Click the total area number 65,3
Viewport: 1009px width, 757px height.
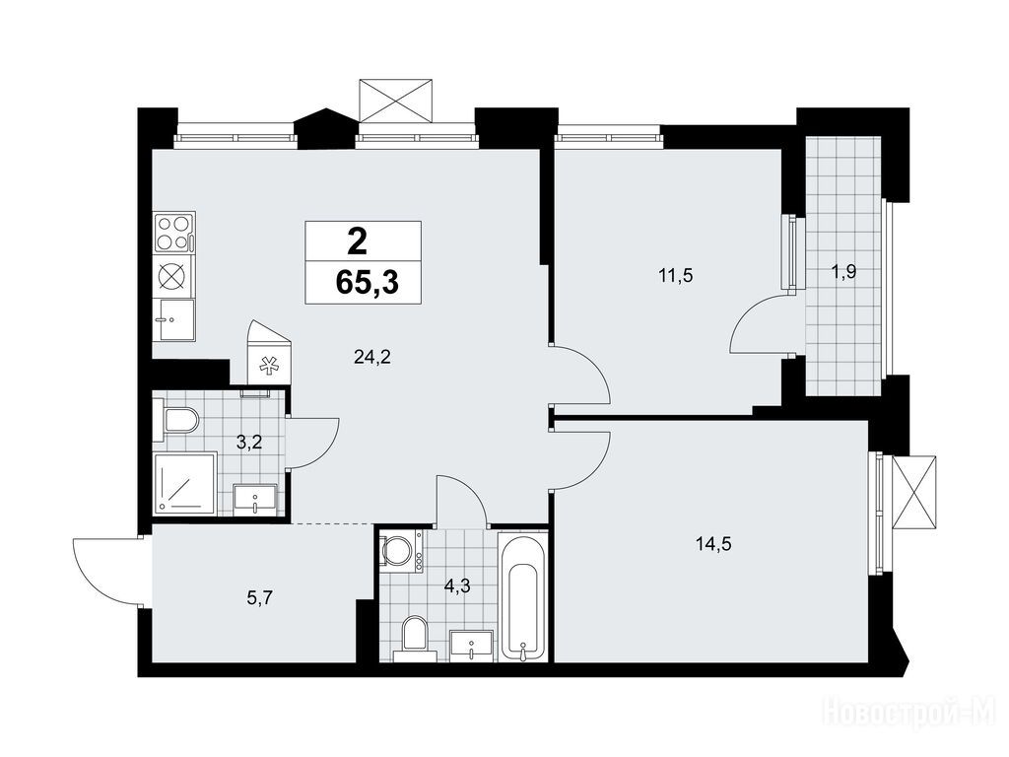pos(367,282)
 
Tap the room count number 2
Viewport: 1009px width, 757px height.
pos(357,242)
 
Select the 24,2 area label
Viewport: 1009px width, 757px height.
pos(372,357)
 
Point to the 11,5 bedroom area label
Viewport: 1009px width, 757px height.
pos(676,276)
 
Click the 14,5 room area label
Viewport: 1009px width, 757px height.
pos(713,544)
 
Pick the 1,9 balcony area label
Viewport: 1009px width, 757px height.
pos(843,272)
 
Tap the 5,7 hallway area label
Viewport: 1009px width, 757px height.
pos(260,598)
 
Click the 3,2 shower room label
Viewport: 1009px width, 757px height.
pos(248,443)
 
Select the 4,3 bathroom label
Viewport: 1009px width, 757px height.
pos(457,586)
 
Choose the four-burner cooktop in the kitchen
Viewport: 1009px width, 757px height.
pos(174,234)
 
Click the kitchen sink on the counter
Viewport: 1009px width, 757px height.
pos(174,320)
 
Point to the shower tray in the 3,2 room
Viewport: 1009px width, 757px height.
pos(184,483)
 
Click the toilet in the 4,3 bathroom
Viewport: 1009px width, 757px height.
pos(415,639)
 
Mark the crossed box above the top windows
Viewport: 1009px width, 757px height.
pos(396,100)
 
